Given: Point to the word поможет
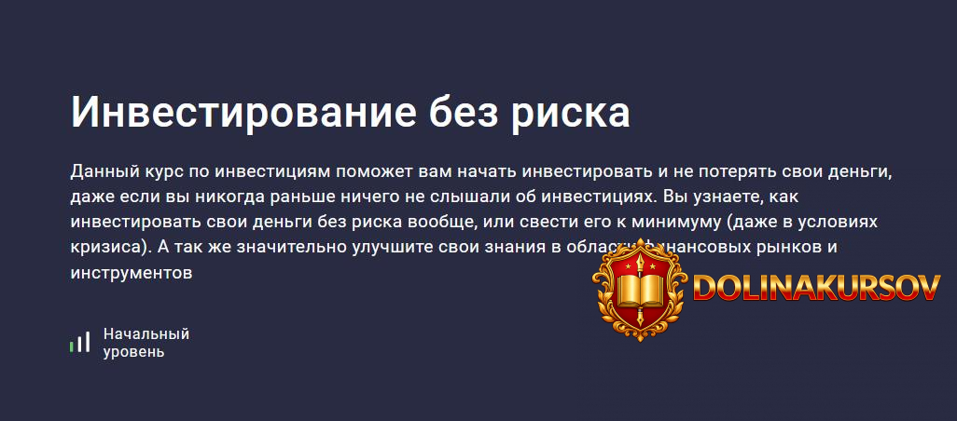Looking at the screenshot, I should [415, 172].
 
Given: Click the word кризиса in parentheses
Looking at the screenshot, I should [105, 249].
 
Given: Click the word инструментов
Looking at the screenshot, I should [131, 274].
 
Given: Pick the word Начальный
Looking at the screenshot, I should [146, 333].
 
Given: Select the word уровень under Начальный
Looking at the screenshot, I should [134, 352].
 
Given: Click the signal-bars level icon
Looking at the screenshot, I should [79, 343].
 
